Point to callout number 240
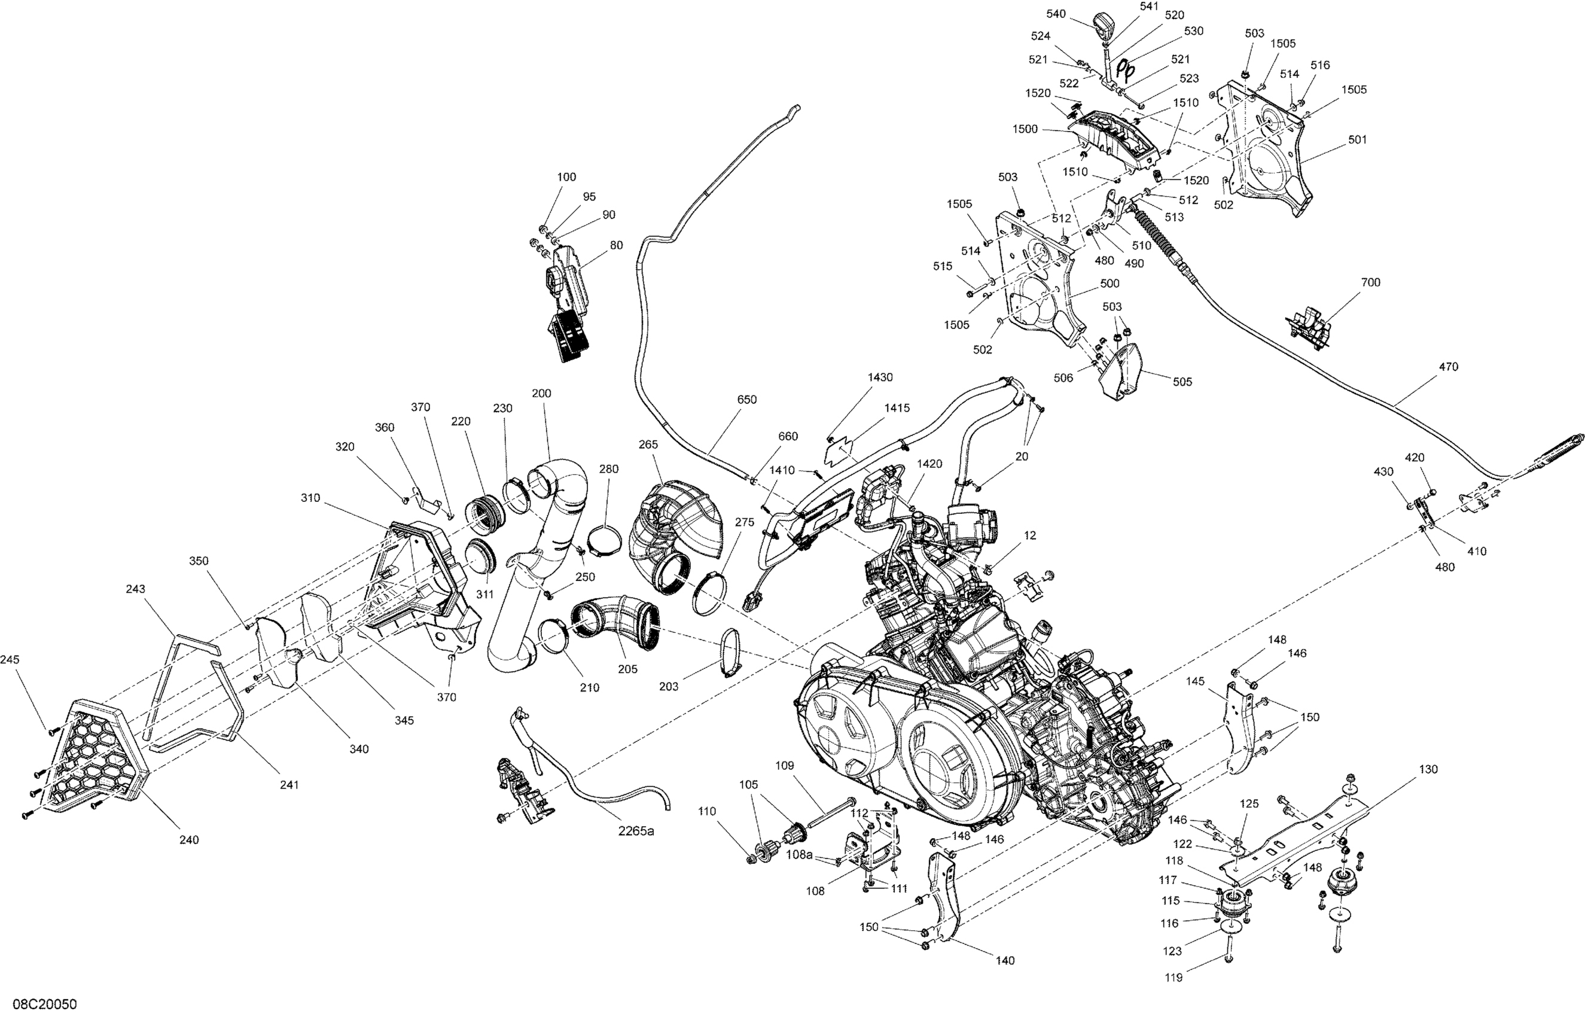[189, 840]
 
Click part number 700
[1370, 282]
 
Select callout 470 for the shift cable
[1449, 367]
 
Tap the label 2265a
[636, 832]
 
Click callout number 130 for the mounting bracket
[1428, 769]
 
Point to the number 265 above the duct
[648, 445]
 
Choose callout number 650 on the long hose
[746, 400]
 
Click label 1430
[880, 377]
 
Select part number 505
[1182, 382]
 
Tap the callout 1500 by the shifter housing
[1025, 129]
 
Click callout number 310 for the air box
[310, 498]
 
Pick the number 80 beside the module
[616, 246]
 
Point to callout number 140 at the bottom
[1005, 961]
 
